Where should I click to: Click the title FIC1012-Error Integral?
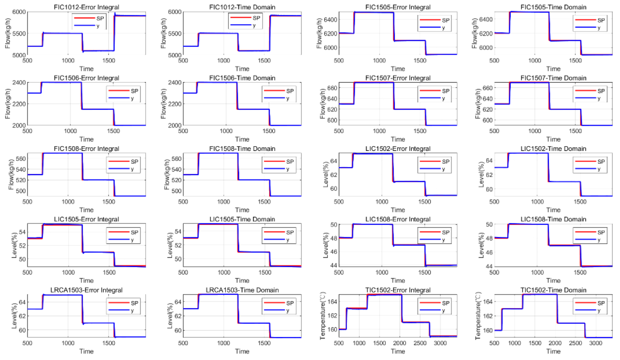[87, 7]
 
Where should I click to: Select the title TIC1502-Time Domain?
[553, 290]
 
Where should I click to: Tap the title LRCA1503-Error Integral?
[87, 290]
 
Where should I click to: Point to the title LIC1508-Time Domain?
[553, 219]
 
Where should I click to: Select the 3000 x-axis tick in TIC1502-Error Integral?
[440, 343]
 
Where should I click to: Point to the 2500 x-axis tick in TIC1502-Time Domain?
[575, 343]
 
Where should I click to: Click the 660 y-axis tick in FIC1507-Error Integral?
[332, 88]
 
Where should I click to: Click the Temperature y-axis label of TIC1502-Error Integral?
[323, 316]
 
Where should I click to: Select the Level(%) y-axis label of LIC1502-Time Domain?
[482, 174]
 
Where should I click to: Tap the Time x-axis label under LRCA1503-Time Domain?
[242, 351]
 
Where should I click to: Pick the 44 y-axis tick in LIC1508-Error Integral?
[334, 265]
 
